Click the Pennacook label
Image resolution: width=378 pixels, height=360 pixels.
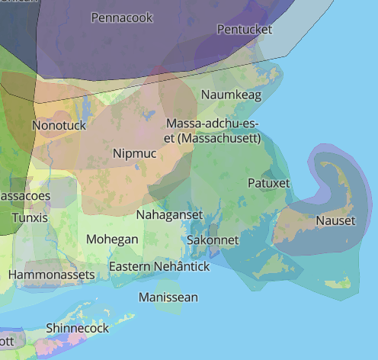pos(122,17)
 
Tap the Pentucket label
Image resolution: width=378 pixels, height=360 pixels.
pos(245,29)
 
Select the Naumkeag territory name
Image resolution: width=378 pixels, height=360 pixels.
pos(232,95)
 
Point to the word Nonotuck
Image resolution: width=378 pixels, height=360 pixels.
pos(59,124)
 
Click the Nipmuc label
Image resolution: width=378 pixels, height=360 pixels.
pos(134,154)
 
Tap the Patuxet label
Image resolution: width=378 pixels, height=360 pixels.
pos(269,183)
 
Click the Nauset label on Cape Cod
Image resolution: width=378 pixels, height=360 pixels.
pos(335,221)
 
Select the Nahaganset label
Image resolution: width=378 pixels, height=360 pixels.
pos(169,215)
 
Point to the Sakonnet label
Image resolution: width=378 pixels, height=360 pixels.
pos(213,240)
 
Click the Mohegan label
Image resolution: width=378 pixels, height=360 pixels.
pos(112,239)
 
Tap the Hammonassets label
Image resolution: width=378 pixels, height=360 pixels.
pos(52,274)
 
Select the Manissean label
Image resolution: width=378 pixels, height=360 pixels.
pos(168,297)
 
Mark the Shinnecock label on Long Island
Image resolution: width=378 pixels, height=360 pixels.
pos(77,328)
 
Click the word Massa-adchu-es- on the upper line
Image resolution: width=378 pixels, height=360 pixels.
pos(213,124)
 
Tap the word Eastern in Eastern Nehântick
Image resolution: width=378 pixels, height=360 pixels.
pos(130,267)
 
